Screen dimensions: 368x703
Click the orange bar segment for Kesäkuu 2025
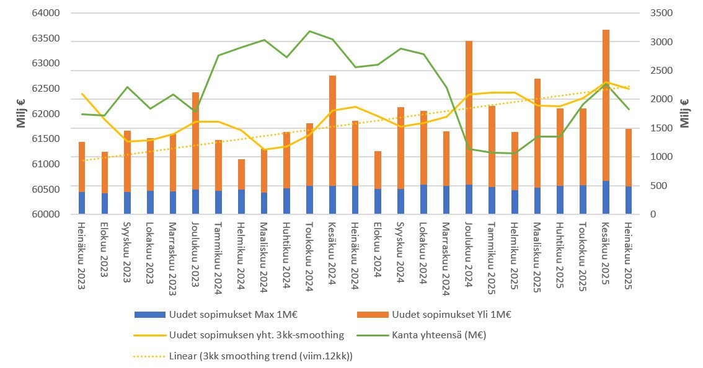coord(606,105)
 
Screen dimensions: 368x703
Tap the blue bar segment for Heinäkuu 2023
coord(82,203)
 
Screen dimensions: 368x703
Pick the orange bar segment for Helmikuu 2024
coord(241,174)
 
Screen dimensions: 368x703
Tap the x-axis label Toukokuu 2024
coord(309,253)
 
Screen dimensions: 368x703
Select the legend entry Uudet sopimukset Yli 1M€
coord(451,314)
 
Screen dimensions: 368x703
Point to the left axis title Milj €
coord(21,113)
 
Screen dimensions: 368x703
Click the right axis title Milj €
coord(686,113)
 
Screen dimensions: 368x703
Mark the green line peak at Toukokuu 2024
coord(309,31)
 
